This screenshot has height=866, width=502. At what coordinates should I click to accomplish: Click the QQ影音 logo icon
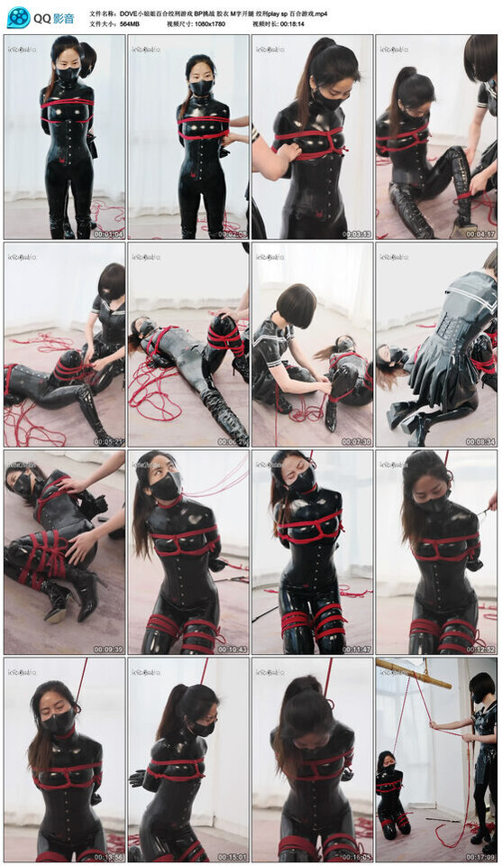tap(18, 17)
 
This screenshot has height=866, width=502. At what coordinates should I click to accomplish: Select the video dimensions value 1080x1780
tap(207, 25)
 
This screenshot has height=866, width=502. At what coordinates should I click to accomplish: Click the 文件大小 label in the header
tap(105, 25)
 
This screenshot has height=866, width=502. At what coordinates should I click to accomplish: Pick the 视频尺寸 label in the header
tap(180, 25)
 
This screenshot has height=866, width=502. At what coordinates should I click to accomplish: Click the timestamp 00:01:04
tap(108, 234)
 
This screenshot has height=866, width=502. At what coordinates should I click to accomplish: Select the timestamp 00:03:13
tap(356, 234)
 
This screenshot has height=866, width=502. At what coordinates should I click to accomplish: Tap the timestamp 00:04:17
tap(479, 234)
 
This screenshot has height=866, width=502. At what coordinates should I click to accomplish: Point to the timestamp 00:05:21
tap(108, 441)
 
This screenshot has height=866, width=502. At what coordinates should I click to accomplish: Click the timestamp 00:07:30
tap(356, 441)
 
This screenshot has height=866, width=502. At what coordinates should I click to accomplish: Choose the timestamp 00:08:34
tap(479, 441)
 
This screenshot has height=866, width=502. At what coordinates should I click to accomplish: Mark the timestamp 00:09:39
tap(108, 649)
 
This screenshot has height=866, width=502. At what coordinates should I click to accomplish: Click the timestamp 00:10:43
tap(232, 649)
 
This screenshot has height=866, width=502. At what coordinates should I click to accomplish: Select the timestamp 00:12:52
tap(479, 649)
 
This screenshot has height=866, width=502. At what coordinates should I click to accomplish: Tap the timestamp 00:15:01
tap(232, 857)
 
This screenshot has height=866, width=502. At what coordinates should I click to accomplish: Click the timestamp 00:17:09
tap(479, 857)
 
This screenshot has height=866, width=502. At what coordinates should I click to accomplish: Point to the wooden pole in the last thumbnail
tap(414, 672)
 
